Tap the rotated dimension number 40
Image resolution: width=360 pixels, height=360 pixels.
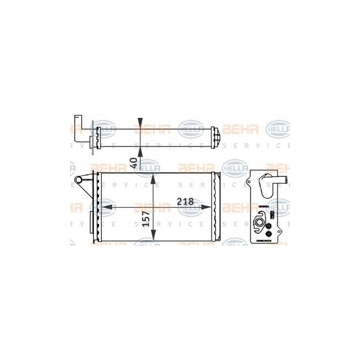pyautogui.click(x=134, y=162)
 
